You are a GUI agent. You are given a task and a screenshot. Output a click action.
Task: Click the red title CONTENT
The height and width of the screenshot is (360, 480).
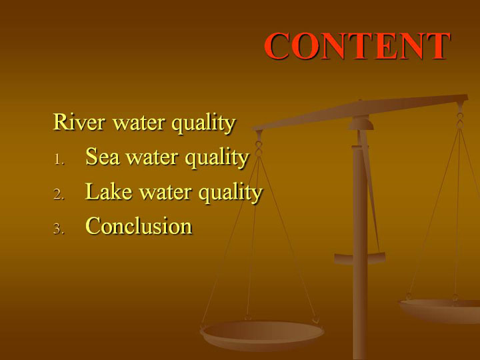357,45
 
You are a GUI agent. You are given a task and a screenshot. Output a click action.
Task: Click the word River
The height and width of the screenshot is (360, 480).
79,122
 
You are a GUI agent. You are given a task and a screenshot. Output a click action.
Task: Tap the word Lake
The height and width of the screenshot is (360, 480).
109,191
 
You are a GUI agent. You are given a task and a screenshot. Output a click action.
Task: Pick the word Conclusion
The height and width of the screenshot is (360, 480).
139,226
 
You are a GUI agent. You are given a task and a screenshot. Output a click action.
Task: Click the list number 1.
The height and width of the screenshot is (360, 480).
59,159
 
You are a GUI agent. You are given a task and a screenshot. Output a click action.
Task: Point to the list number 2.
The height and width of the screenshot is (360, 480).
59,195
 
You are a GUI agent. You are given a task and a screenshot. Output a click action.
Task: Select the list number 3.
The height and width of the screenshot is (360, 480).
59,229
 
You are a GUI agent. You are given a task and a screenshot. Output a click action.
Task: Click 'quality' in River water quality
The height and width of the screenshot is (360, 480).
203,124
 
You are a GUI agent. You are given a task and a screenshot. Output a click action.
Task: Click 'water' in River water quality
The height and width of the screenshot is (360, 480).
139,123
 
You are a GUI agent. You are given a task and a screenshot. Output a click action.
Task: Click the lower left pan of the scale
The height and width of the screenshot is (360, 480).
262,335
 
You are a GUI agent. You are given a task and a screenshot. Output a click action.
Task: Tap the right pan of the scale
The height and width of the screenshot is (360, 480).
439,311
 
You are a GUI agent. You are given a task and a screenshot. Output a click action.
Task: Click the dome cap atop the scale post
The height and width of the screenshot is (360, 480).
361,123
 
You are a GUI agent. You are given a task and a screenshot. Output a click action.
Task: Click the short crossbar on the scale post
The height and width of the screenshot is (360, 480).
360,259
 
